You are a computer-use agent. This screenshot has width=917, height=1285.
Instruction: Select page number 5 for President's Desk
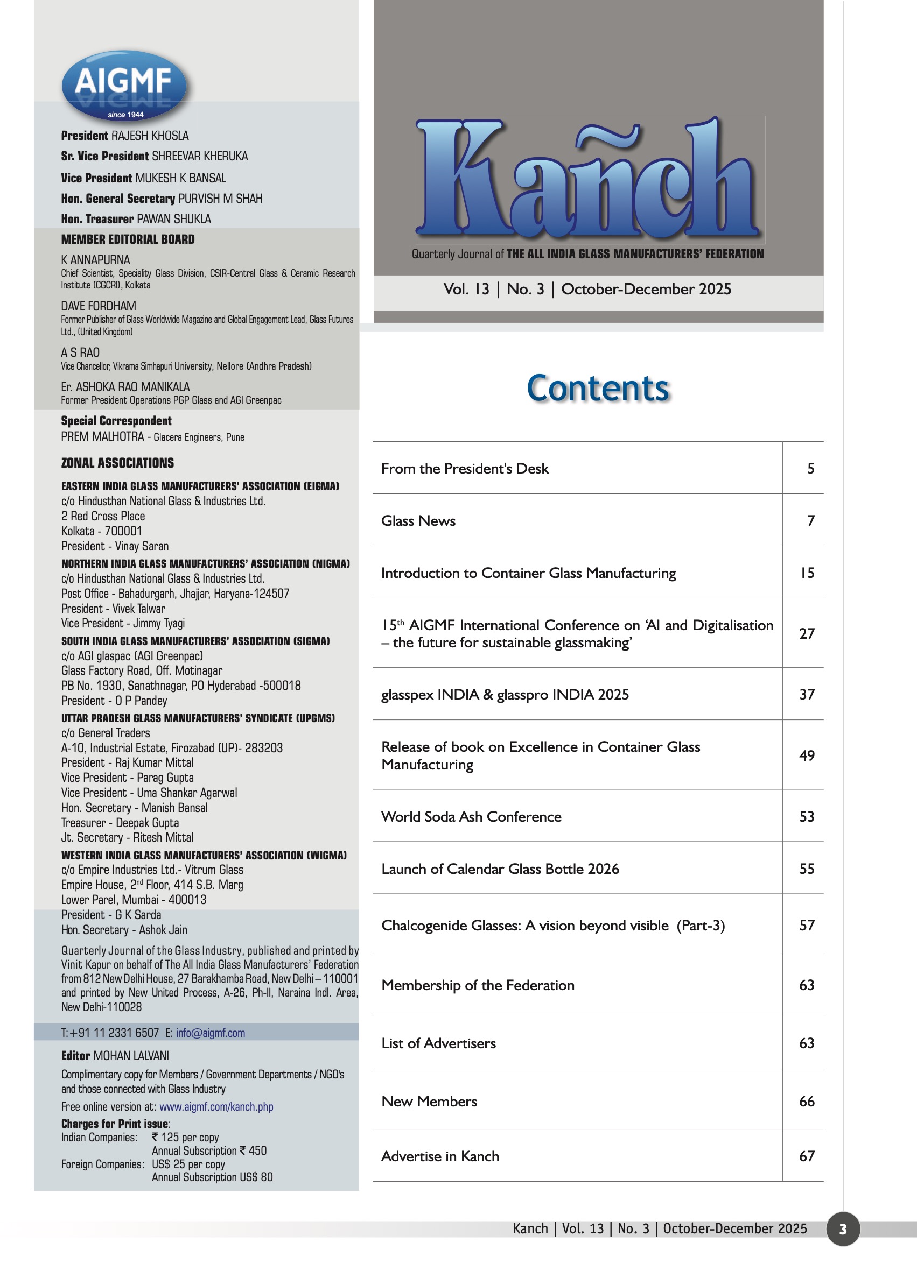(x=810, y=468)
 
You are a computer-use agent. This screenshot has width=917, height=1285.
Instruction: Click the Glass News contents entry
(x=418, y=521)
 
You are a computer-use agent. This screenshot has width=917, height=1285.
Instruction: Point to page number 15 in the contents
(x=808, y=573)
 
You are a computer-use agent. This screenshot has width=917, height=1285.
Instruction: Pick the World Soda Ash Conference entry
(x=471, y=817)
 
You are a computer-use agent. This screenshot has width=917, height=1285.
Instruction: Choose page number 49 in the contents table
(x=807, y=756)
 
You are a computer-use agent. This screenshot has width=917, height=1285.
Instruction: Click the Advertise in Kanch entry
(x=440, y=1156)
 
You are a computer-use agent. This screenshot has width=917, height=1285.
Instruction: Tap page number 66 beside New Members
(x=807, y=1101)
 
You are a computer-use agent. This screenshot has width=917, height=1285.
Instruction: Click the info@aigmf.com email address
(x=210, y=1033)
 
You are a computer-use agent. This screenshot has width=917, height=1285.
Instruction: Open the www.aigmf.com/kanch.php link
(x=216, y=1107)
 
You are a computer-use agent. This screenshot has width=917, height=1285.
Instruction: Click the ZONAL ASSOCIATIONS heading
(x=117, y=463)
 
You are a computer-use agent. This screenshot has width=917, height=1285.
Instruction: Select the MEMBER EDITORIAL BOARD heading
(x=128, y=239)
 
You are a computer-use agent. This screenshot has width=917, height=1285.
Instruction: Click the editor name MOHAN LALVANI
(x=131, y=1055)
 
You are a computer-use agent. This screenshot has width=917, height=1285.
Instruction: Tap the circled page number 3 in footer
(x=843, y=1228)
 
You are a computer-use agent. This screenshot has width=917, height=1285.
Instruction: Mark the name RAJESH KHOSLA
(x=150, y=136)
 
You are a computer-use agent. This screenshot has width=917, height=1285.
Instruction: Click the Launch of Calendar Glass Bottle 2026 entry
(x=500, y=869)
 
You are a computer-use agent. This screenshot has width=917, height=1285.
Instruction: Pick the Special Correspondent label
(x=116, y=420)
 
